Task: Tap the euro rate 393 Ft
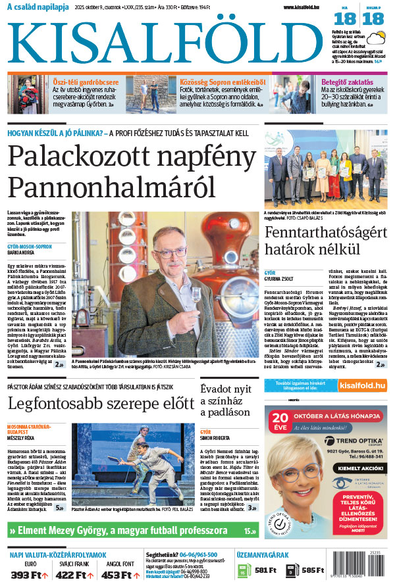(26, 575)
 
